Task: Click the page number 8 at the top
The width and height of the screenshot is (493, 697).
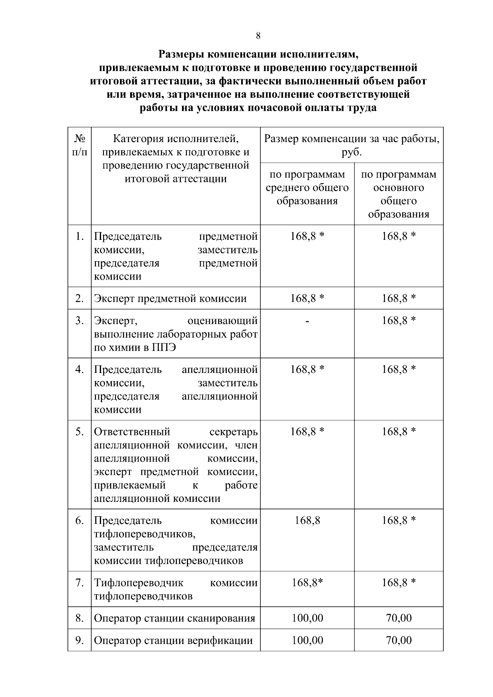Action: pyautogui.click(x=258, y=36)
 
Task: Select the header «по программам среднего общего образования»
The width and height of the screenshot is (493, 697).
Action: pyautogui.click(x=307, y=188)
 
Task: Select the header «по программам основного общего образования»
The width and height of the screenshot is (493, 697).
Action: pyautogui.click(x=399, y=194)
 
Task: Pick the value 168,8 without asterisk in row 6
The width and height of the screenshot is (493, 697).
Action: pyautogui.click(x=307, y=521)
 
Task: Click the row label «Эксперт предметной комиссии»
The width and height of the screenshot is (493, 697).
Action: pyautogui.click(x=170, y=299)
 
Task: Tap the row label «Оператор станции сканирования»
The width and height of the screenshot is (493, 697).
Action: pyautogui.click(x=175, y=618)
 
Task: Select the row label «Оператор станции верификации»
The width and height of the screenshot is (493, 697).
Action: pyautogui.click(x=173, y=640)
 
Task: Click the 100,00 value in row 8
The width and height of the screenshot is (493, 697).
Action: pyautogui.click(x=307, y=618)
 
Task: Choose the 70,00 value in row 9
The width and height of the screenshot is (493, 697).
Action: pyautogui.click(x=399, y=640)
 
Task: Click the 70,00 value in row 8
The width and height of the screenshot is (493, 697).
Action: pyautogui.click(x=399, y=618)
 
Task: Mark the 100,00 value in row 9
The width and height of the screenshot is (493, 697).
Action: pyautogui.click(x=307, y=640)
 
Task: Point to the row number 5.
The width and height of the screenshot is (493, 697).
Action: pyautogui.click(x=80, y=432)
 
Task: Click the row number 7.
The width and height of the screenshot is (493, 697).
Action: pyautogui.click(x=80, y=583)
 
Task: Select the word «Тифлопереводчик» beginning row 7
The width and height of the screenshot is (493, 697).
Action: pyautogui.click(x=138, y=583)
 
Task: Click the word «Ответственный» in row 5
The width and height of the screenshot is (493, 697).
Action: pyautogui.click(x=132, y=432)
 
